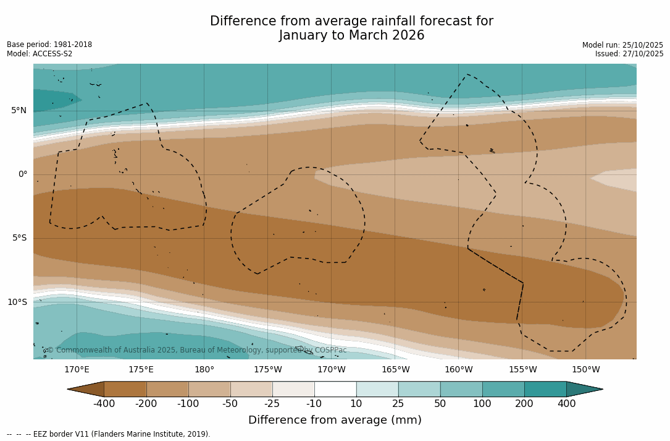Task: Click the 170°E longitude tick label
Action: (x=77, y=370)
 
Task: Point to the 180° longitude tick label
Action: (x=204, y=370)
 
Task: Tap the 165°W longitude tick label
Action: (x=395, y=370)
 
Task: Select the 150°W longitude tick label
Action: (x=585, y=370)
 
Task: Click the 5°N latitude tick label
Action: (x=19, y=111)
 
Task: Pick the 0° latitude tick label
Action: (x=22, y=174)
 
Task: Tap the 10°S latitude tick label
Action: (x=17, y=302)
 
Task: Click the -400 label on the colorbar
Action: (x=104, y=404)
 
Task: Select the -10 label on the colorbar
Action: (x=314, y=404)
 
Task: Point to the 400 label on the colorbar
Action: (x=566, y=404)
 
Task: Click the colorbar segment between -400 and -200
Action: (x=125, y=389)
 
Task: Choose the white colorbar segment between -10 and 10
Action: (x=335, y=389)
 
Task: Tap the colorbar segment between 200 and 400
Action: (x=545, y=389)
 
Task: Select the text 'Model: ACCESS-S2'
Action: (x=40, y=54)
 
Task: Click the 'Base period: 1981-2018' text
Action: (x=49, y=45)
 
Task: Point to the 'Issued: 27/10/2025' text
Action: (x=629, y=54)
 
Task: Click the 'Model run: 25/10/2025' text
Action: (x=622, y=45)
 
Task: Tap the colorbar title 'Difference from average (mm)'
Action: (x=335, y=421)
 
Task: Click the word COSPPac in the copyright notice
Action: (x=330, y=351)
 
